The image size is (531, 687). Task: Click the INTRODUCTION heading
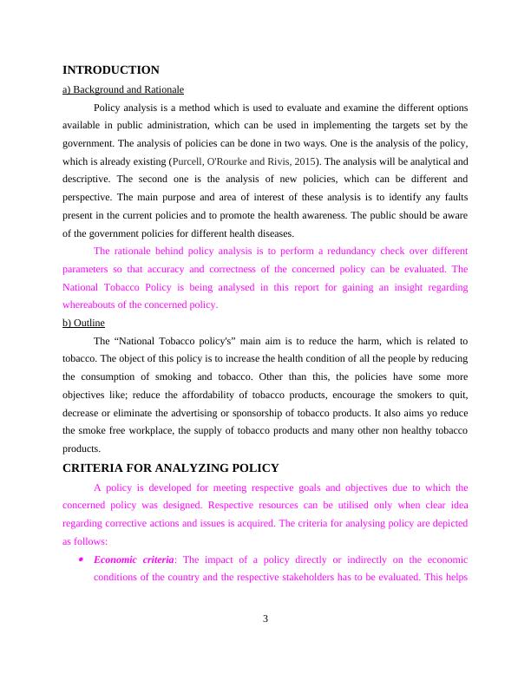[x=111, y=69]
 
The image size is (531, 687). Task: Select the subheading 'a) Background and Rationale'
[x=122, y=89]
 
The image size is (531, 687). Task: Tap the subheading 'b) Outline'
[x=83, y=323]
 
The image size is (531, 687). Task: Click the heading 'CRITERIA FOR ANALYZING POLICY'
[x=171, y=468]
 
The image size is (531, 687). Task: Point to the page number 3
[x=265, y=618]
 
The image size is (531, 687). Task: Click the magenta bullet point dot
[x=80, y=559]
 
